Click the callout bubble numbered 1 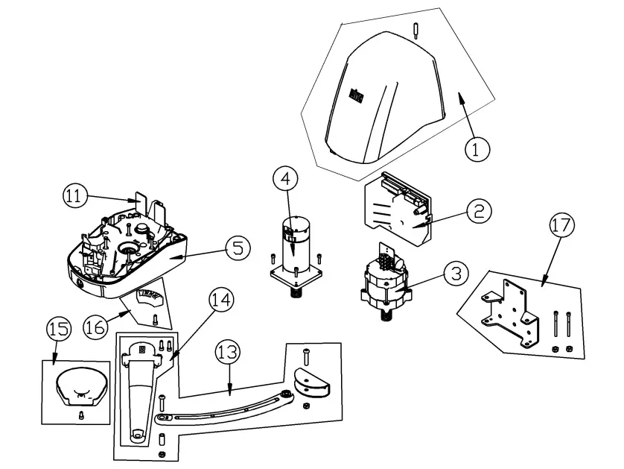pos(477,147)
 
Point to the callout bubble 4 pos(285,179)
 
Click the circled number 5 pos(238,247)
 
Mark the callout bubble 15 pos(58,329)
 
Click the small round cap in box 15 pos(80,385)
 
